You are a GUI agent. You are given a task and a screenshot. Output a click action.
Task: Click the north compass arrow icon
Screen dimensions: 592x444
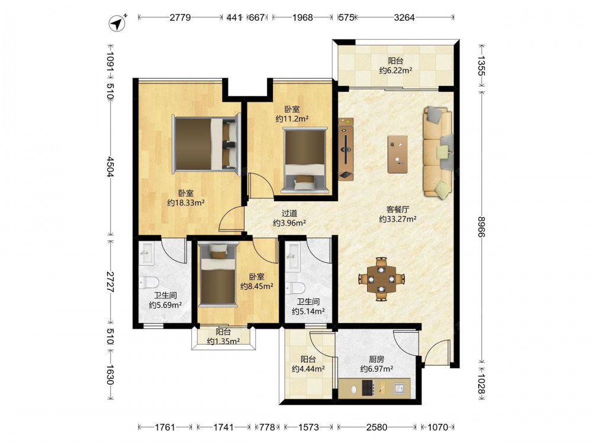pyautogui.click(x=117, y=24)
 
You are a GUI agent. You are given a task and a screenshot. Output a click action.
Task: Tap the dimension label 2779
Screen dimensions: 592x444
pyautogui.click(x=180, y=17)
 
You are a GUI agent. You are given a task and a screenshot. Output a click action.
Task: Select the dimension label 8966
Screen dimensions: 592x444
pyautogui.click(x=481, y=227)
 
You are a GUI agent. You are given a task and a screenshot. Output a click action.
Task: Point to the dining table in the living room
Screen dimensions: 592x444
pyautogui.click(x=382, y=279)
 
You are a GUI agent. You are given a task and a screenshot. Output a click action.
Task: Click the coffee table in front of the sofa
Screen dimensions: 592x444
pyautogui.click(x=398, y=154)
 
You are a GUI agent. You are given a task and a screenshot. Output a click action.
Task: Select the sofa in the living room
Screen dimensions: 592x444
pyautogui.click(x=438, y=153)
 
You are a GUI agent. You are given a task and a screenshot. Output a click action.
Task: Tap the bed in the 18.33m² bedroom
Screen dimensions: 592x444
pyautogui.click(x=207, y=144)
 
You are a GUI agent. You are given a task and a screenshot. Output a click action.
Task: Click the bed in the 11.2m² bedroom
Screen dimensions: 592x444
pyautogui.click(x=305, y=160)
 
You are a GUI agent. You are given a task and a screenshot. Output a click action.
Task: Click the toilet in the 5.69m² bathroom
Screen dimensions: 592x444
pyautogui.click(x=149, y=283)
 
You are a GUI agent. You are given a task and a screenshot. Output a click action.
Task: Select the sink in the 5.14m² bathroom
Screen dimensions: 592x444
pyautogui.click(x=293, y=257)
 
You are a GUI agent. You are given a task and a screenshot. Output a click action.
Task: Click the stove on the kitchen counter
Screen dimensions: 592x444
pyautogui.click(x=368, y=388)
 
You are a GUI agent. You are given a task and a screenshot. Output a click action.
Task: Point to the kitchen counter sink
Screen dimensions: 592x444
pyautogui.click(x=400, y=388)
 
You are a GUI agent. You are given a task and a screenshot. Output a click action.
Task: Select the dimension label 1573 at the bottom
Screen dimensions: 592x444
pyautogui.click(x=308, y=427)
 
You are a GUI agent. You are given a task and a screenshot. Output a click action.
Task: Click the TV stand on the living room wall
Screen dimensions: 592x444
pyautogui.click(x=346, y=149)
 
